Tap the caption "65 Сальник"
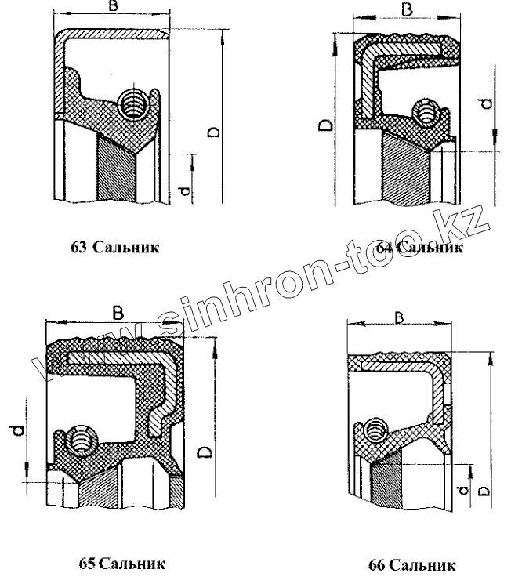(x=121, y=563)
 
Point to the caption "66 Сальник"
(x=411, y=564)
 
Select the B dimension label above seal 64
(x=406, y=9)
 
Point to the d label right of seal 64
(x=486, y=103)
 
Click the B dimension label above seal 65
(x=118, y=313)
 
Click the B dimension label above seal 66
(x=399, y=317)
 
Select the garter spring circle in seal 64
(x=426, y=114)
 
